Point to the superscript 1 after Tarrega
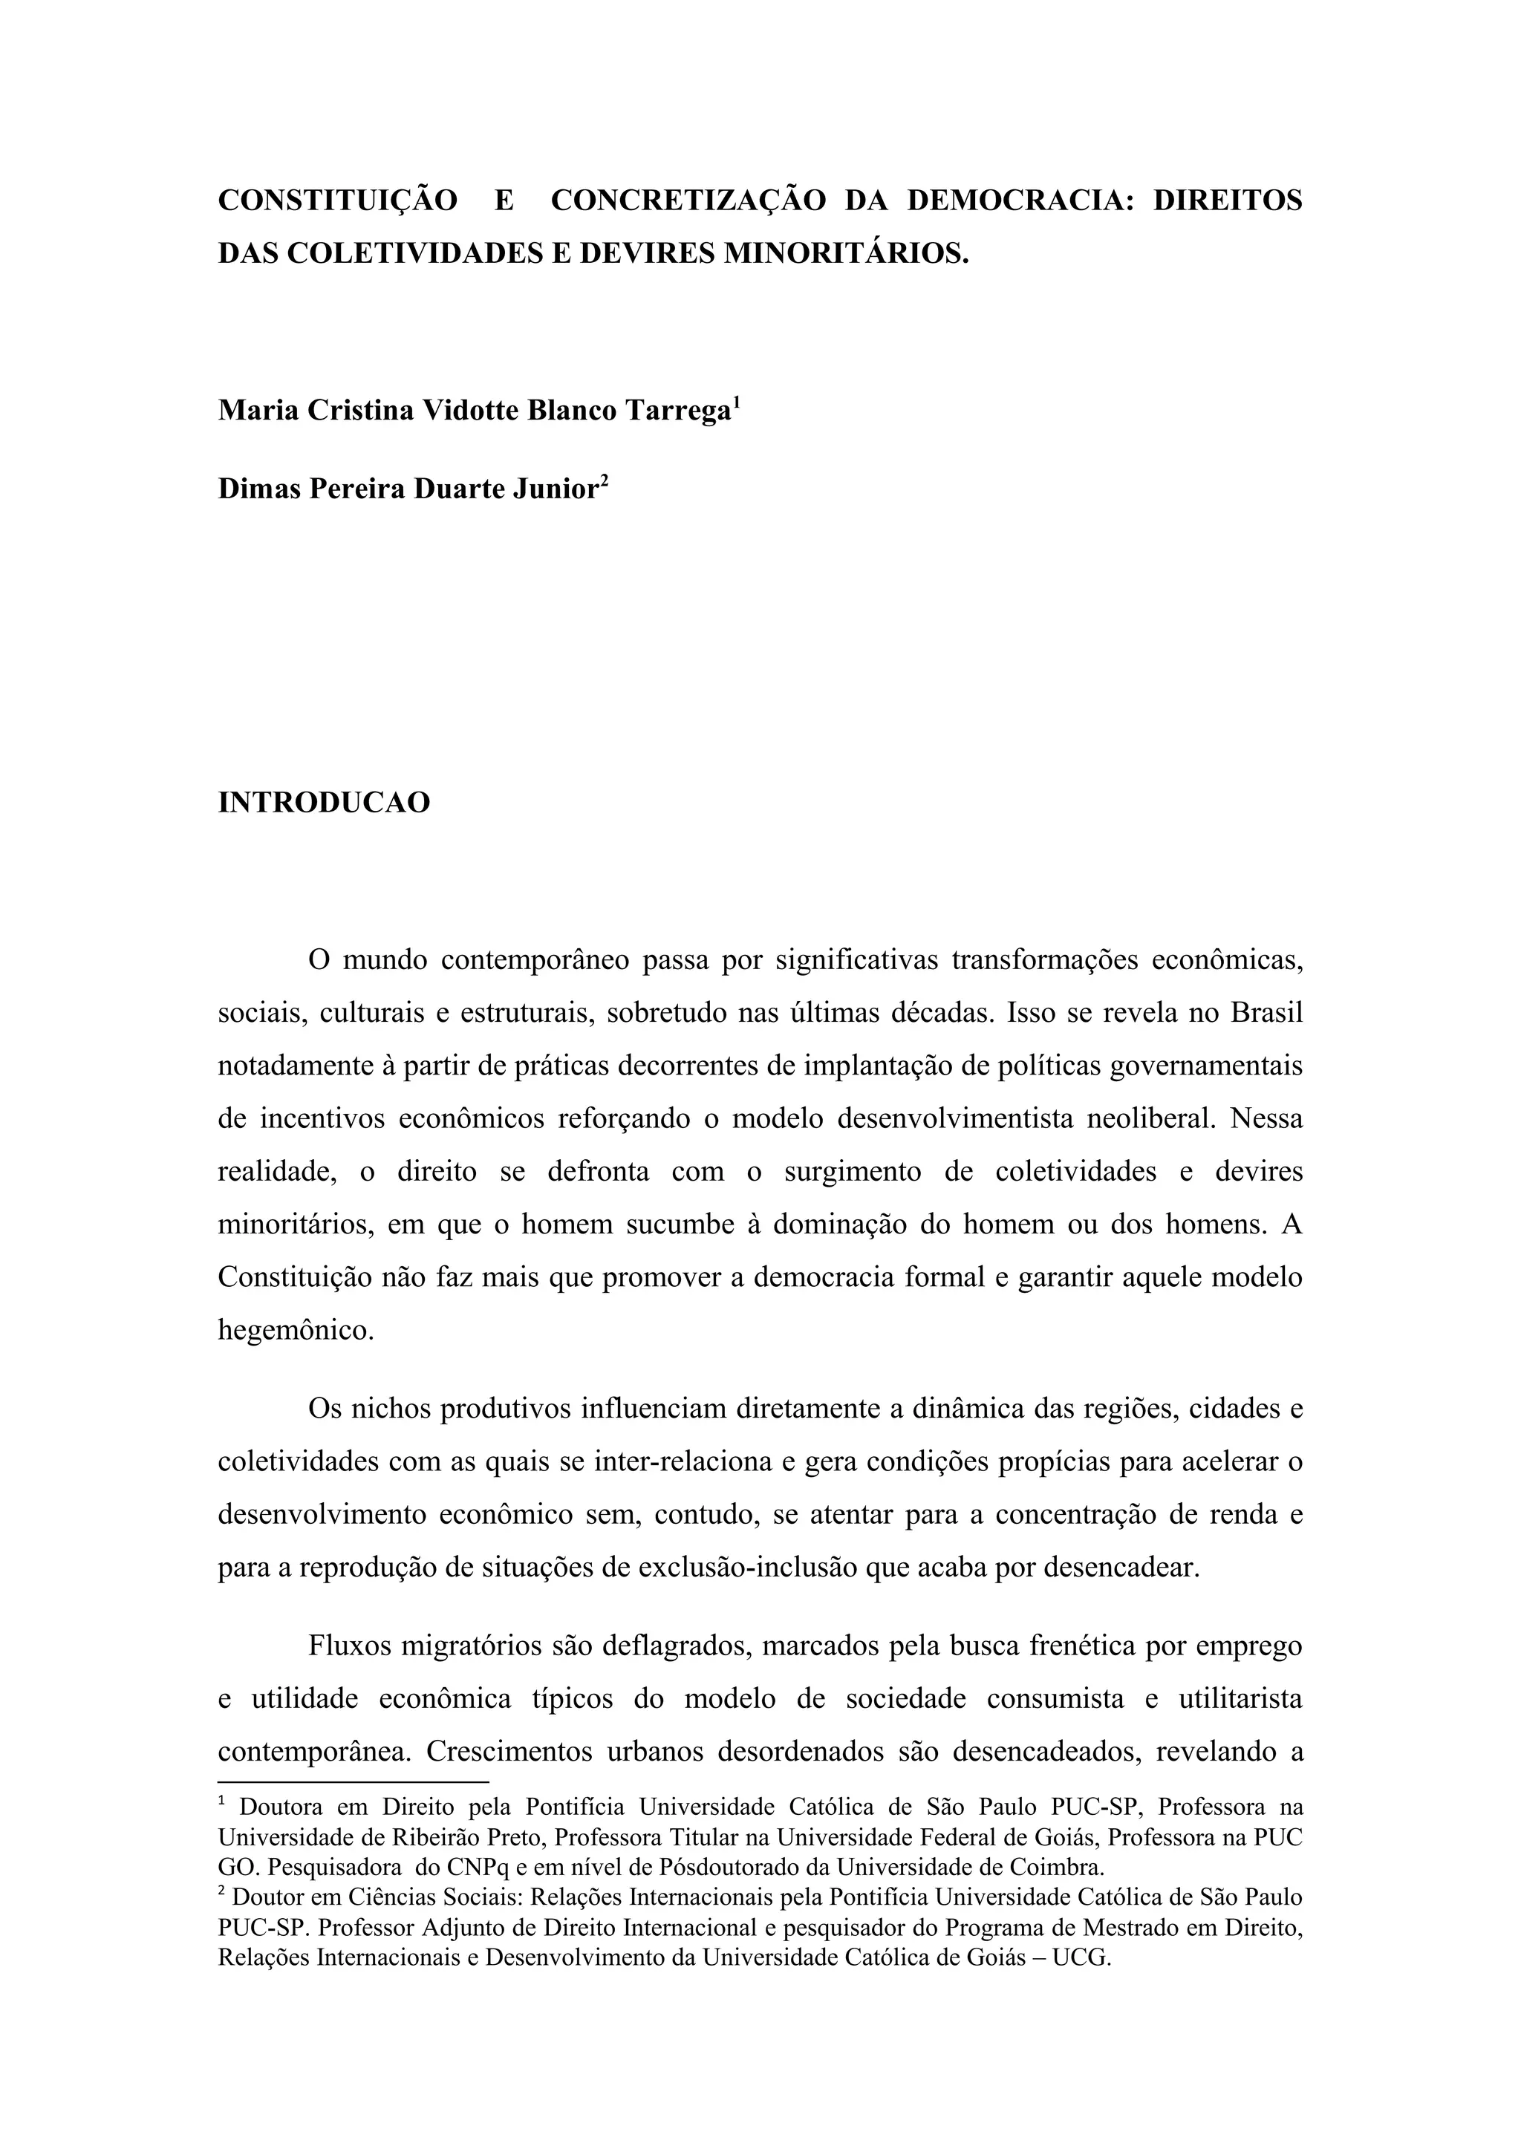point(737,403)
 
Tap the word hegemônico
point(295,1329)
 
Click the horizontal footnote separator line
point(354,1781)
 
